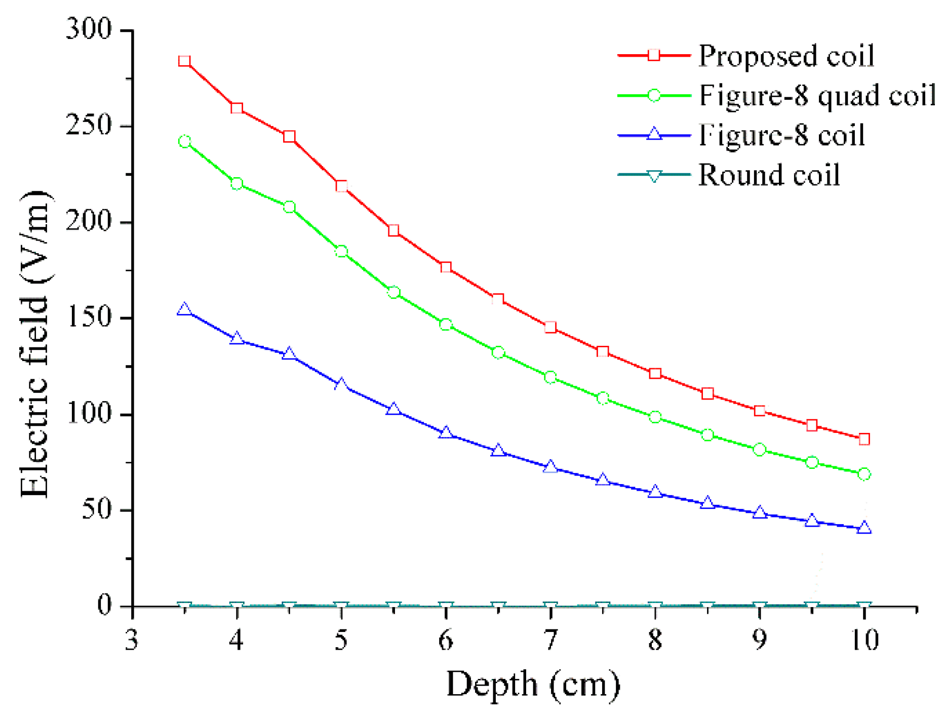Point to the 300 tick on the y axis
coord(89,29)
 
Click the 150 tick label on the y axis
coord(89,318)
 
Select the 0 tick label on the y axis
coord(104,606)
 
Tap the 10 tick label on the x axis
coord(864,641)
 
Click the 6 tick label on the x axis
coord(446,641)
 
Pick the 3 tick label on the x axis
coord(132,641)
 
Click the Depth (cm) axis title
coord(533,685)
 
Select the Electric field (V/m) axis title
coord(34,344)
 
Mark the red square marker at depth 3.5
coord(184,61)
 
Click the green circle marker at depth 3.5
coord(184,142)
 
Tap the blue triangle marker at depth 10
coord(864,528)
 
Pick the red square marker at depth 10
coord(864,439)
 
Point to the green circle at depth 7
coord(550,377)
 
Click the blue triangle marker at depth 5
coord(341,384)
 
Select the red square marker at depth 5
coord(341,186)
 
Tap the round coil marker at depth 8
coord(655,606)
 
